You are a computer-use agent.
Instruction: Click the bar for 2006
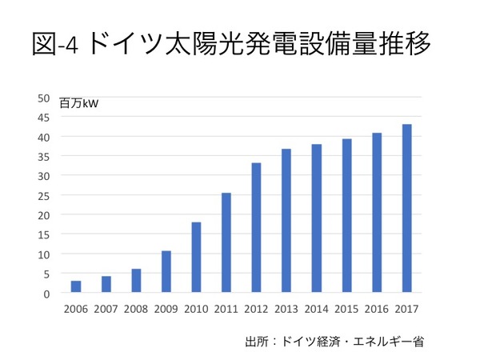coord(76,286)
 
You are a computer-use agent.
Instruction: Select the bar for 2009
coord(166,272)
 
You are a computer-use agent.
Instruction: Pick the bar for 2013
coord(286,221)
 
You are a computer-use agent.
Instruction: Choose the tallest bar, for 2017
coord(406,209)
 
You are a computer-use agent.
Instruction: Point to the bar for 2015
coord(346,216)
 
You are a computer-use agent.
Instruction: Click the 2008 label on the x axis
coord(136,309)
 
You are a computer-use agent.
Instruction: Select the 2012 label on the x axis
coord(256,309)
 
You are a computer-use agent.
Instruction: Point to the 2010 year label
coord(196,309)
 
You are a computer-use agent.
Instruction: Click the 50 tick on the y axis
coord(45,98)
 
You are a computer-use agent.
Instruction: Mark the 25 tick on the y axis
coord(45,195)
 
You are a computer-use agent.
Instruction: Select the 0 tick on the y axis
coord(47,294)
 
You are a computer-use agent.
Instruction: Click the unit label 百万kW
coord(78,103)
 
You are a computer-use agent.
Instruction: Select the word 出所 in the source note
coord(255,342)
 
